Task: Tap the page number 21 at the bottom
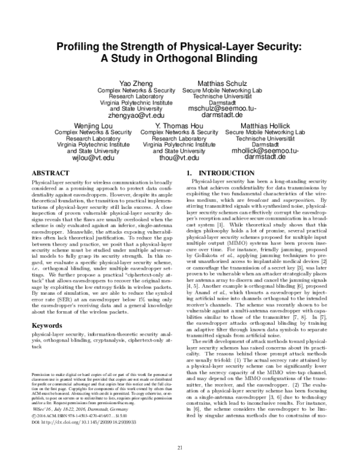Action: click(179, 448)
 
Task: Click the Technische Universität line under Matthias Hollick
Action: click(257, 138)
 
